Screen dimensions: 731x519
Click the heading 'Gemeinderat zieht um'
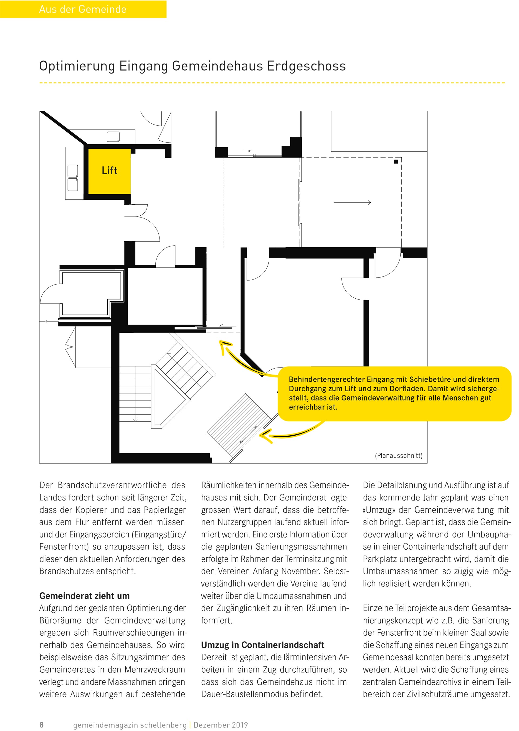point(84,596)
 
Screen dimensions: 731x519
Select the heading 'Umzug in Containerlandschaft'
point(262,645)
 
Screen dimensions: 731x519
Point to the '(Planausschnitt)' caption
point(398,456)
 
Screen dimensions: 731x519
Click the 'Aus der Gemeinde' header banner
point(83,9)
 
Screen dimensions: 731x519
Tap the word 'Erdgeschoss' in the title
point(307,66)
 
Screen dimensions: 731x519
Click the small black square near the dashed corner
point(396,162)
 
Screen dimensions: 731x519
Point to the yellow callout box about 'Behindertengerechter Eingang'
point(394,394)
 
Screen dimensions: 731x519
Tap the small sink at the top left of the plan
point(113,137)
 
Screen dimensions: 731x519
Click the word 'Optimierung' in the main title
point(77,66)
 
